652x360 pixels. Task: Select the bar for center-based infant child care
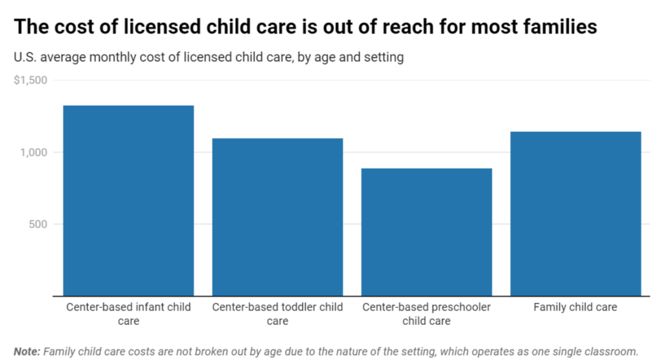(129, 201)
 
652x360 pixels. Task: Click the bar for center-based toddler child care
(277, 217)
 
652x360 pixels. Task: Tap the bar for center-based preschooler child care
(426, 232)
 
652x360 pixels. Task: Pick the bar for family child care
(576, 213)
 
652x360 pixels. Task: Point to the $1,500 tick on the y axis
(31, 80)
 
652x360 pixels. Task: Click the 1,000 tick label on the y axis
(34, 152)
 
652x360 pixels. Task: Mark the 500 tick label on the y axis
(38, 224)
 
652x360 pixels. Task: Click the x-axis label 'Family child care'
(576, 307)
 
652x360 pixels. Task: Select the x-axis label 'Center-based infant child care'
(129, 314)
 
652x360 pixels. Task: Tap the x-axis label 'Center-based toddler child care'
(277, 314)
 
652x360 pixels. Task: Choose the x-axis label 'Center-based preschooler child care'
(426, 314)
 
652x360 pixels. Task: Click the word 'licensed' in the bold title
(162, 27)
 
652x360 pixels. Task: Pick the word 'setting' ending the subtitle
(384, 57)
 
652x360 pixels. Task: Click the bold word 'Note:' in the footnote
(27, 352)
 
